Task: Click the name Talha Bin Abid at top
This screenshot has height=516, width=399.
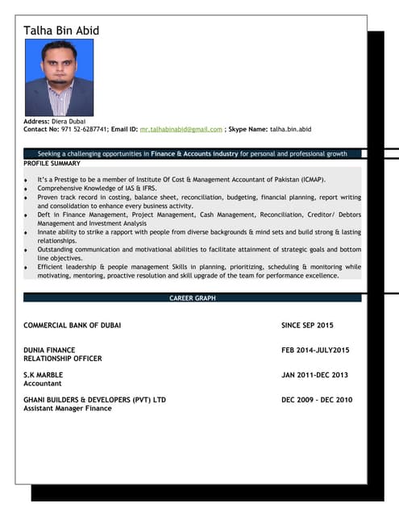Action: (x=61, y=31)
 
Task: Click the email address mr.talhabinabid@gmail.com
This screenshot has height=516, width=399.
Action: (x=181, y=129)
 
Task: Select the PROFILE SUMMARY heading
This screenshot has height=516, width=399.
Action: (x=52, y=163)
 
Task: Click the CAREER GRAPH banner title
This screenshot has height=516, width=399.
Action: (x=192, y=298)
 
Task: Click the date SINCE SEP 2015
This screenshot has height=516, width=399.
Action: (x=307, y=325)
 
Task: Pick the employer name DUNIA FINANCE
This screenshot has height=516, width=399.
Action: (x=49, y=350)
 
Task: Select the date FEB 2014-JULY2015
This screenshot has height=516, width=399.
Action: (x=315, y=350)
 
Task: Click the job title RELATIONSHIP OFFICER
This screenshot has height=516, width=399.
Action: (x=63, y=358)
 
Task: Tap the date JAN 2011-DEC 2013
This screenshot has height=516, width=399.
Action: (x=315, y=375)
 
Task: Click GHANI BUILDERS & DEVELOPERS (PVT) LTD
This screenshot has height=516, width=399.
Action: (x=94, y=400)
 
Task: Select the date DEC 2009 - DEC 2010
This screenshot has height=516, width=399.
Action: (x=317, y=400)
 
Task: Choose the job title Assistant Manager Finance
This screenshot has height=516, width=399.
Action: (x=68, y=409)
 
